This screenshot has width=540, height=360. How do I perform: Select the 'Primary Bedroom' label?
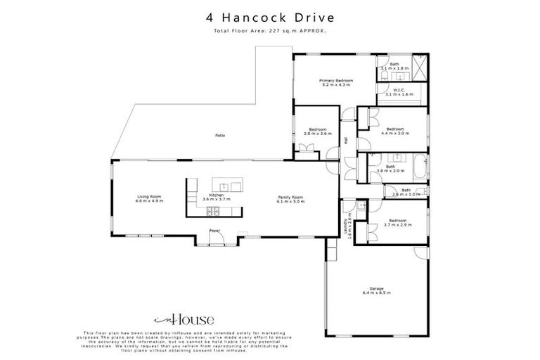click(335, 81)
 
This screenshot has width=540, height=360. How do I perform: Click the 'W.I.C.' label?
click(398, 90)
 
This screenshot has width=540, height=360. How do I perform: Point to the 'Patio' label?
click(219, 136)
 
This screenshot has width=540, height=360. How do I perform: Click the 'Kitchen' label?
click(217, 195)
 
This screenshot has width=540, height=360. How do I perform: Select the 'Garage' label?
click(377, 288)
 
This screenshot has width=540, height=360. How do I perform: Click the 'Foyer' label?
click(214, 231)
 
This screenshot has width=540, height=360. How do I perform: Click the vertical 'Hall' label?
click(346, 140)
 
